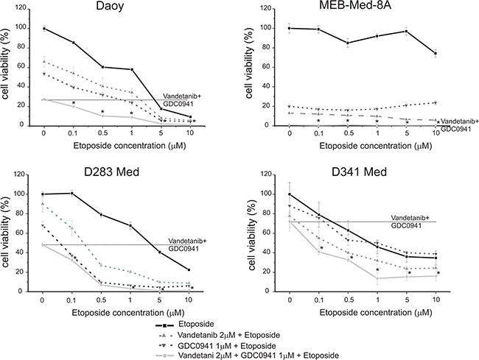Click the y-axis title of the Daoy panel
point(9,77)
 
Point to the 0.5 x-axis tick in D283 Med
point(101,301)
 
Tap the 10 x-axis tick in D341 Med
point(437,301)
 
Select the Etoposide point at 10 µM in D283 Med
point(191,269)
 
